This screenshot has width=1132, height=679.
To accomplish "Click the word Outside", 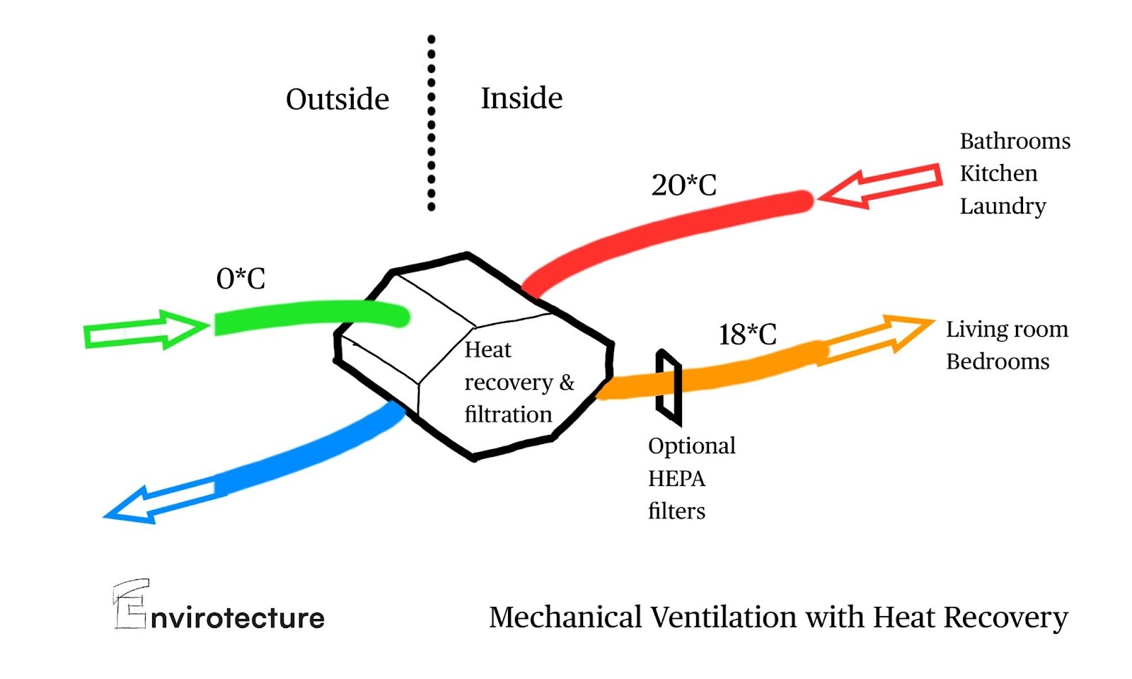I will tap(337, 99).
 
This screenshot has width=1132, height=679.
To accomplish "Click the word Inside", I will tap(521, 98).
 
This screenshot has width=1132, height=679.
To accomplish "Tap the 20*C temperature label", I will tap(683, 185).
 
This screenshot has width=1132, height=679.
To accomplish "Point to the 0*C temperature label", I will tap(241, 279).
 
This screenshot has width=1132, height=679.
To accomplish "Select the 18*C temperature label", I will tap(747, 335).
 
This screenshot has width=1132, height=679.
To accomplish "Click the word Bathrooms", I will tap(1015, 141).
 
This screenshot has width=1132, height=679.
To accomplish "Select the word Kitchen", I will tap(998, 173).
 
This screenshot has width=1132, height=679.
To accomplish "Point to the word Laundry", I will tap(1003, 206).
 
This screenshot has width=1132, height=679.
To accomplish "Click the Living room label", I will tap(1007, 330).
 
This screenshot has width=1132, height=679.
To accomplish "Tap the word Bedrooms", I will tap(998, 361).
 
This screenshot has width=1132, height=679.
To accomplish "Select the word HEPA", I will tap(676, 479).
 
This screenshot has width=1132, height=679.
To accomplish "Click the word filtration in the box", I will tap(508, 414).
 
